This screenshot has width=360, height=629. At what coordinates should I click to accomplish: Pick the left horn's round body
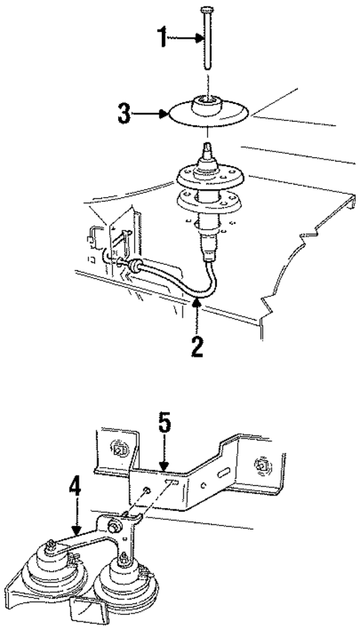click(54, 579)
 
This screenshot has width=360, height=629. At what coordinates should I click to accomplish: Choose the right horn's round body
click(122, 586)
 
